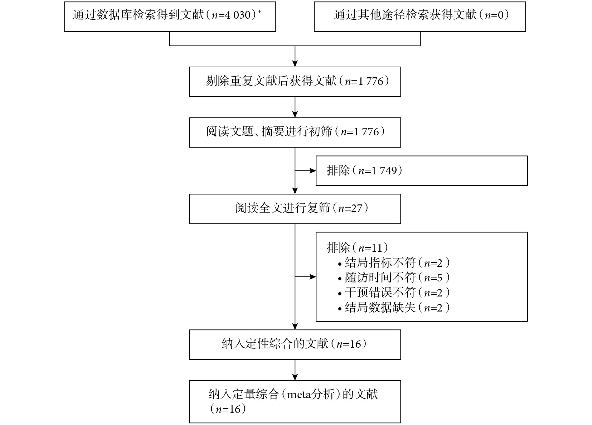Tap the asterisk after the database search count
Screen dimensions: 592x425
pos(260,11)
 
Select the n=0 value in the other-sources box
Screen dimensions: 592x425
pos(494,15)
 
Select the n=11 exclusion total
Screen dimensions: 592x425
pos(370,248)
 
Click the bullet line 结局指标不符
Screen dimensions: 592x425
pos(394,263)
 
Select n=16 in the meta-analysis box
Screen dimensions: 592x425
pos(228,409)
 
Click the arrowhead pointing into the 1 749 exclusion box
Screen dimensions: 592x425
pos(313,171)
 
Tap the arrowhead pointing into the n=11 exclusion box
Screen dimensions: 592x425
pos(313,277)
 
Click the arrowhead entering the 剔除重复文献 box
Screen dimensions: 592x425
pos(295,64)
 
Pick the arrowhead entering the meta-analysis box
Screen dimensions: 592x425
pos(295,377)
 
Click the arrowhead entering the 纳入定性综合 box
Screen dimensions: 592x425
pos(295,327)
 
